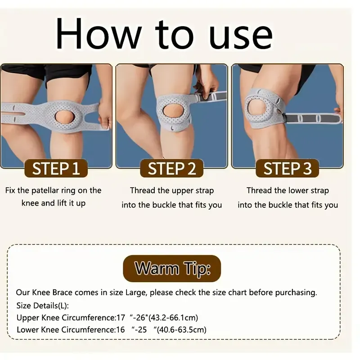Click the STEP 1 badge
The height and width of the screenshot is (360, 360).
click(56, 169)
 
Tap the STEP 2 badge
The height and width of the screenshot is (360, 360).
click(172, 169)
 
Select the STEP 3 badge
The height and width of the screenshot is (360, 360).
click(287, 169)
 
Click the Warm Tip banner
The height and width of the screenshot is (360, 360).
click(172, 269)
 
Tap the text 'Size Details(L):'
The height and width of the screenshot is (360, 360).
click(43, 306)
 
